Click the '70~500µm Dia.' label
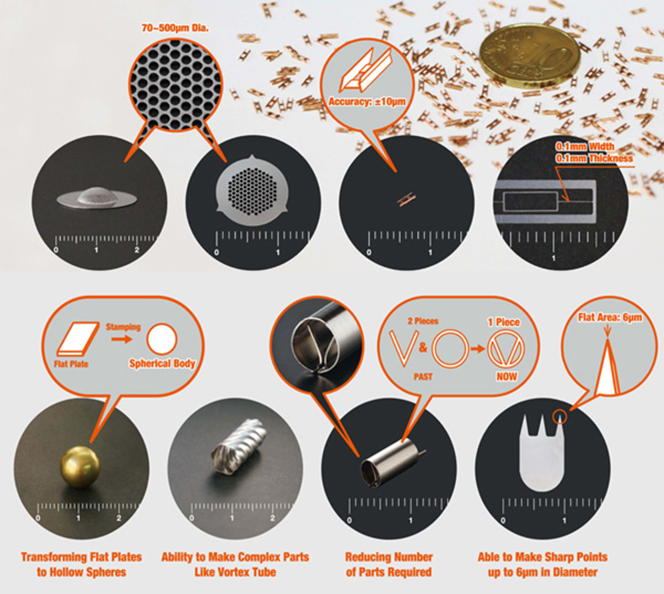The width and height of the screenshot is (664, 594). (175, 28)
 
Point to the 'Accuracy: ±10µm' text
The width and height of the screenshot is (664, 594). (367, 101)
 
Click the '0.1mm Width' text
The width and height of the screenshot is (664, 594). (585, 146)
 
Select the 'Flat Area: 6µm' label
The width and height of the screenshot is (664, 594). (610, 318)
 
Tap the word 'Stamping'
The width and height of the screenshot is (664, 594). (123, 327)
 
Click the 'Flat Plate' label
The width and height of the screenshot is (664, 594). (71, 364)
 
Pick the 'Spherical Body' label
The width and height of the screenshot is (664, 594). (162, 363)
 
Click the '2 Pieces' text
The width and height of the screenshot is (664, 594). (423, 321)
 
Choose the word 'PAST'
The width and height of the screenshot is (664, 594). (423, 377)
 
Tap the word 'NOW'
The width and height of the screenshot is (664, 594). (506, 376)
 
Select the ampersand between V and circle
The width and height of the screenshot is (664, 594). (423, 348)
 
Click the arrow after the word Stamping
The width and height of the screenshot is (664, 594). (121, 339)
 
